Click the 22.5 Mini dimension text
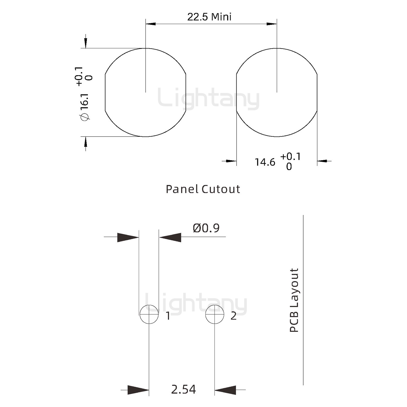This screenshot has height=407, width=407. [x=209, y=17]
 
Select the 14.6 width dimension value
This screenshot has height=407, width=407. [x=265, y=162]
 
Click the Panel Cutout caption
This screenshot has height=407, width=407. [x=203, y=189]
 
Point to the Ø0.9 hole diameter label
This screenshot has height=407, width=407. [x=206, y=228]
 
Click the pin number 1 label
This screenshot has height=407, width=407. [x=168, y=316]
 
